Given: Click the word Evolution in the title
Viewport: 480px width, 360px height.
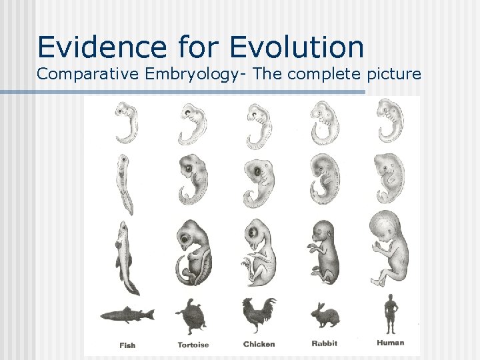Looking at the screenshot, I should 297,47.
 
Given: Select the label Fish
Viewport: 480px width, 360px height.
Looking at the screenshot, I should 127,345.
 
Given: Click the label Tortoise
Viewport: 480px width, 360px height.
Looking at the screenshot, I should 193,345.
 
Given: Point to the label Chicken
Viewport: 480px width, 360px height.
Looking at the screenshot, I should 259,345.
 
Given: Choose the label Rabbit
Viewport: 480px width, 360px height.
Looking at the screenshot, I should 324,344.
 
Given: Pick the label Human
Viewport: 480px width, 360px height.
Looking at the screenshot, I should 391,343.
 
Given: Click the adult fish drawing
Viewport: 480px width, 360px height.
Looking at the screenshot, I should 127,313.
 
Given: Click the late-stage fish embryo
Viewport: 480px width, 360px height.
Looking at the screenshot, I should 127,257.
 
